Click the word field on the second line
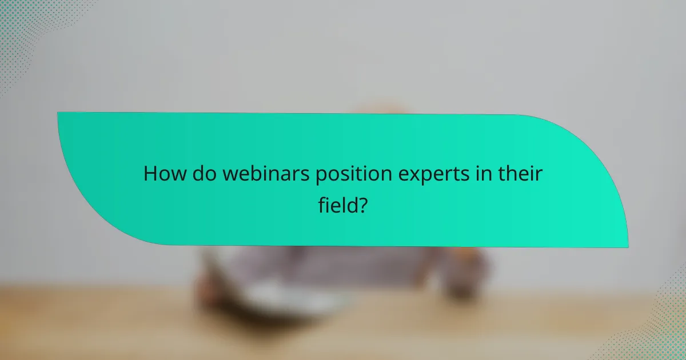336,205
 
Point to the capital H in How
150,174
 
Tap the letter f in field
322,204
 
